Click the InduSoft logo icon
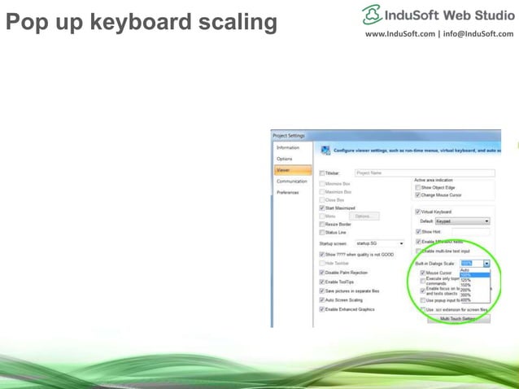click(373, 14)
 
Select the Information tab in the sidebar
click(288, 147)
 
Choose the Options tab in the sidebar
click(285, 159)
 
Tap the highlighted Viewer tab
click(284, 170)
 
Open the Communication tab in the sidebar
click(291, 181)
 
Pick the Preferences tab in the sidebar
click(289, 192)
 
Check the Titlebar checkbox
click(322, 173)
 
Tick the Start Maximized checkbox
click(322, 208)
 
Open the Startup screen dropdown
click(401, 243)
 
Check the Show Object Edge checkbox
click(417, 187)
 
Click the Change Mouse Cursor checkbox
click(417, 195)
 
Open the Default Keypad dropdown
click(486, 221)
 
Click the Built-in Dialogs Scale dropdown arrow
click(486, 264)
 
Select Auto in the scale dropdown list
click(465, 270)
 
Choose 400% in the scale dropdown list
click(466, 299)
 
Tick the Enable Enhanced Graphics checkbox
click(322, 309)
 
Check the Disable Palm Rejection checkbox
click(322, 273)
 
